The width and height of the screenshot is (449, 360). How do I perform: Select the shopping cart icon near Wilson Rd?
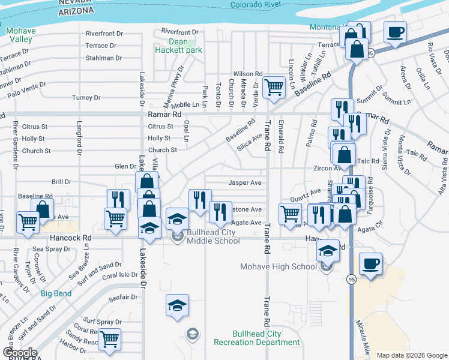click(x=274, y=87)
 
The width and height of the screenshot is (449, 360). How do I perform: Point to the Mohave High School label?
click(x=278, y=266)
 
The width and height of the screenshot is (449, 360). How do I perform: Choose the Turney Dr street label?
click(x=86, y=97)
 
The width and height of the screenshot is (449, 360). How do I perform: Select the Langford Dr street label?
click(x=79, y=138)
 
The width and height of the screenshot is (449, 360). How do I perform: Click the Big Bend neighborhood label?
click(x=56, y=293)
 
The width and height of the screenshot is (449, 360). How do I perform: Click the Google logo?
click(x=19, y=353)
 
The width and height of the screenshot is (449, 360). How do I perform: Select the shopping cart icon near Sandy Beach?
click(x=109, y=340)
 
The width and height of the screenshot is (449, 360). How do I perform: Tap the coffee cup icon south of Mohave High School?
click(x=370, y=263)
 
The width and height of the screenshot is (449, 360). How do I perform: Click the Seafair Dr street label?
click(x=124, y=296)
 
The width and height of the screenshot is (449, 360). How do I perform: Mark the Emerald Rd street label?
click(x=280, y=138)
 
